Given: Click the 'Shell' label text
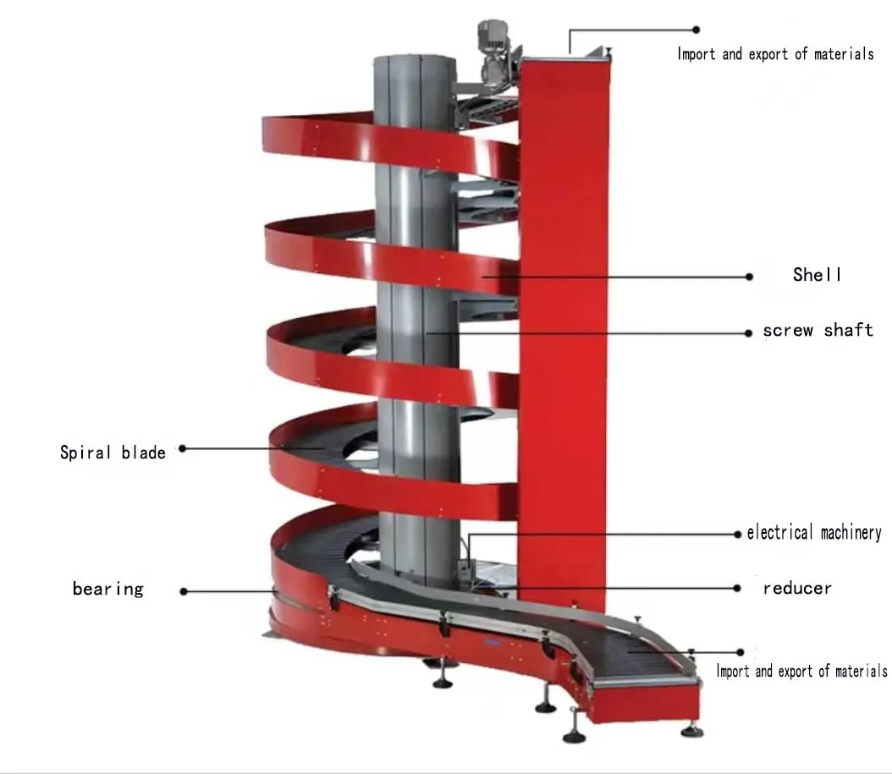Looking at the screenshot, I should pos(817,275).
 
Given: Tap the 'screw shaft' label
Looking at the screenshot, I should pos(818,330).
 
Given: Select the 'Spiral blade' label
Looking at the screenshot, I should pos(113,452).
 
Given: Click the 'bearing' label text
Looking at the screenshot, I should pos(107,589).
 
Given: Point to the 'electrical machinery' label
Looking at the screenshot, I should pos(813,533).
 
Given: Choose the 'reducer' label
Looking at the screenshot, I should pos(796,588).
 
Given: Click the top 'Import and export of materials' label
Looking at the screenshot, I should pos(774,54).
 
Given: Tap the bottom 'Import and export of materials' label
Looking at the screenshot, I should pos(801,672).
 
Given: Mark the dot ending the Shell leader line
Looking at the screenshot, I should pos(749,276).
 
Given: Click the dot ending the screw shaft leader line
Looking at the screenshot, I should pos(748,333).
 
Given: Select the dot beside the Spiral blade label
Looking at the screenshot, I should pos(182,448).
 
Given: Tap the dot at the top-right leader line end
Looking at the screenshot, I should pos(697,30).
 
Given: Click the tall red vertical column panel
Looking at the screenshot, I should pos(562,338).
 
